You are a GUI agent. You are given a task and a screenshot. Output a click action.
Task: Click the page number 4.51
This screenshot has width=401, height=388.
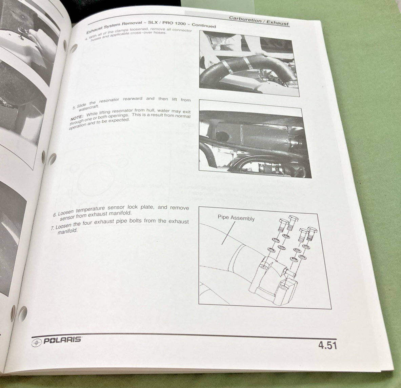[327, 345]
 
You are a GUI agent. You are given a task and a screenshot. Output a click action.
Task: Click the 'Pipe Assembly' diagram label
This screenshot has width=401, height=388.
[236, 218]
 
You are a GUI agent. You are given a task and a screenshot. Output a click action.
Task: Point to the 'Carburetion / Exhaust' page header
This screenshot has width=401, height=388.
[259, 20]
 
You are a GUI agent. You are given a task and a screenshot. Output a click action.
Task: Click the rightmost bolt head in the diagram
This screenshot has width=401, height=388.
[312, 230]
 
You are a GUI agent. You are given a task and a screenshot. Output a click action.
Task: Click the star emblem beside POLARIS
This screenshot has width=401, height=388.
[36, 342]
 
